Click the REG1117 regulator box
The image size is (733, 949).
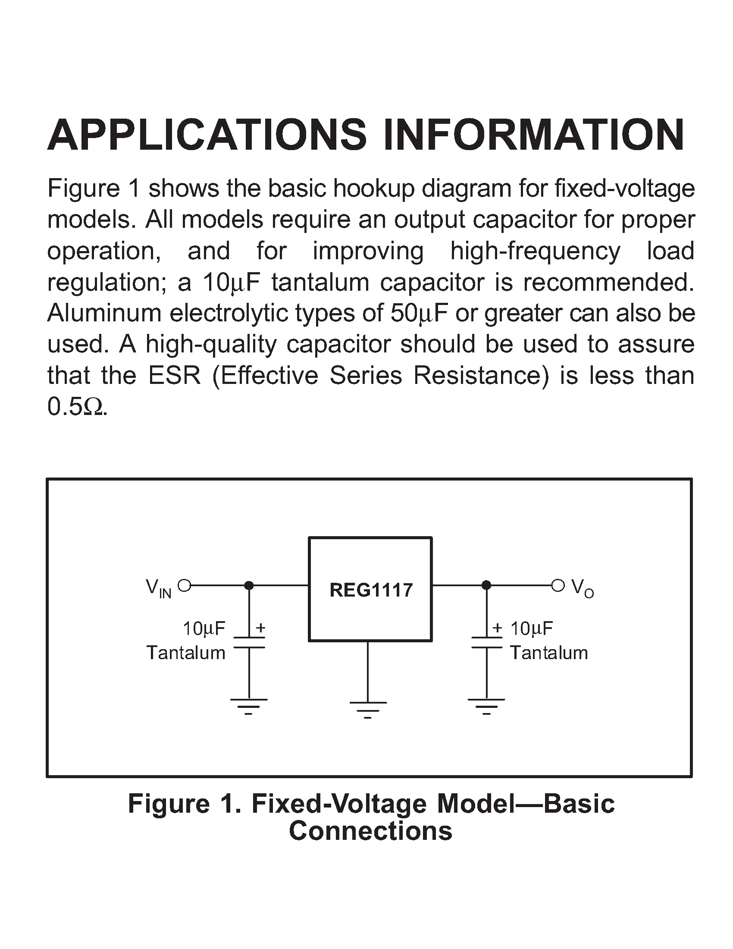click(370, 589)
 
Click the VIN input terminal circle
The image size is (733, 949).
click(185, 585)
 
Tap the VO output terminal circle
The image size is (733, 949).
click(558, 585)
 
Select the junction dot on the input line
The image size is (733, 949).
click(249, 585)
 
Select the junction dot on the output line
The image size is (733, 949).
click(486, 585)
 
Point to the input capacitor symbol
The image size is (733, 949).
click(249, 642)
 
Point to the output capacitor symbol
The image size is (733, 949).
click(486, 642)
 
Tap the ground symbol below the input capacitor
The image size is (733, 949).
click(249, 706)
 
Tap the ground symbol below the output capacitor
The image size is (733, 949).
click(486, 706)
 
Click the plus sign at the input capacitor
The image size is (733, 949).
click(260, 628)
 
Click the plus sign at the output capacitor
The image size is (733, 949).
click(497, 628)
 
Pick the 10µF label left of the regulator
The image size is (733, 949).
click(204, 628)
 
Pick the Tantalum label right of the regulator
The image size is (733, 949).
click(549, 653)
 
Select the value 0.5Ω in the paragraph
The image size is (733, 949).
click(76, 407)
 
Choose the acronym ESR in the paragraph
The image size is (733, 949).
click(175, 375)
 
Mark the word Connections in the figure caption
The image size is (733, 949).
click(370, 831)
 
